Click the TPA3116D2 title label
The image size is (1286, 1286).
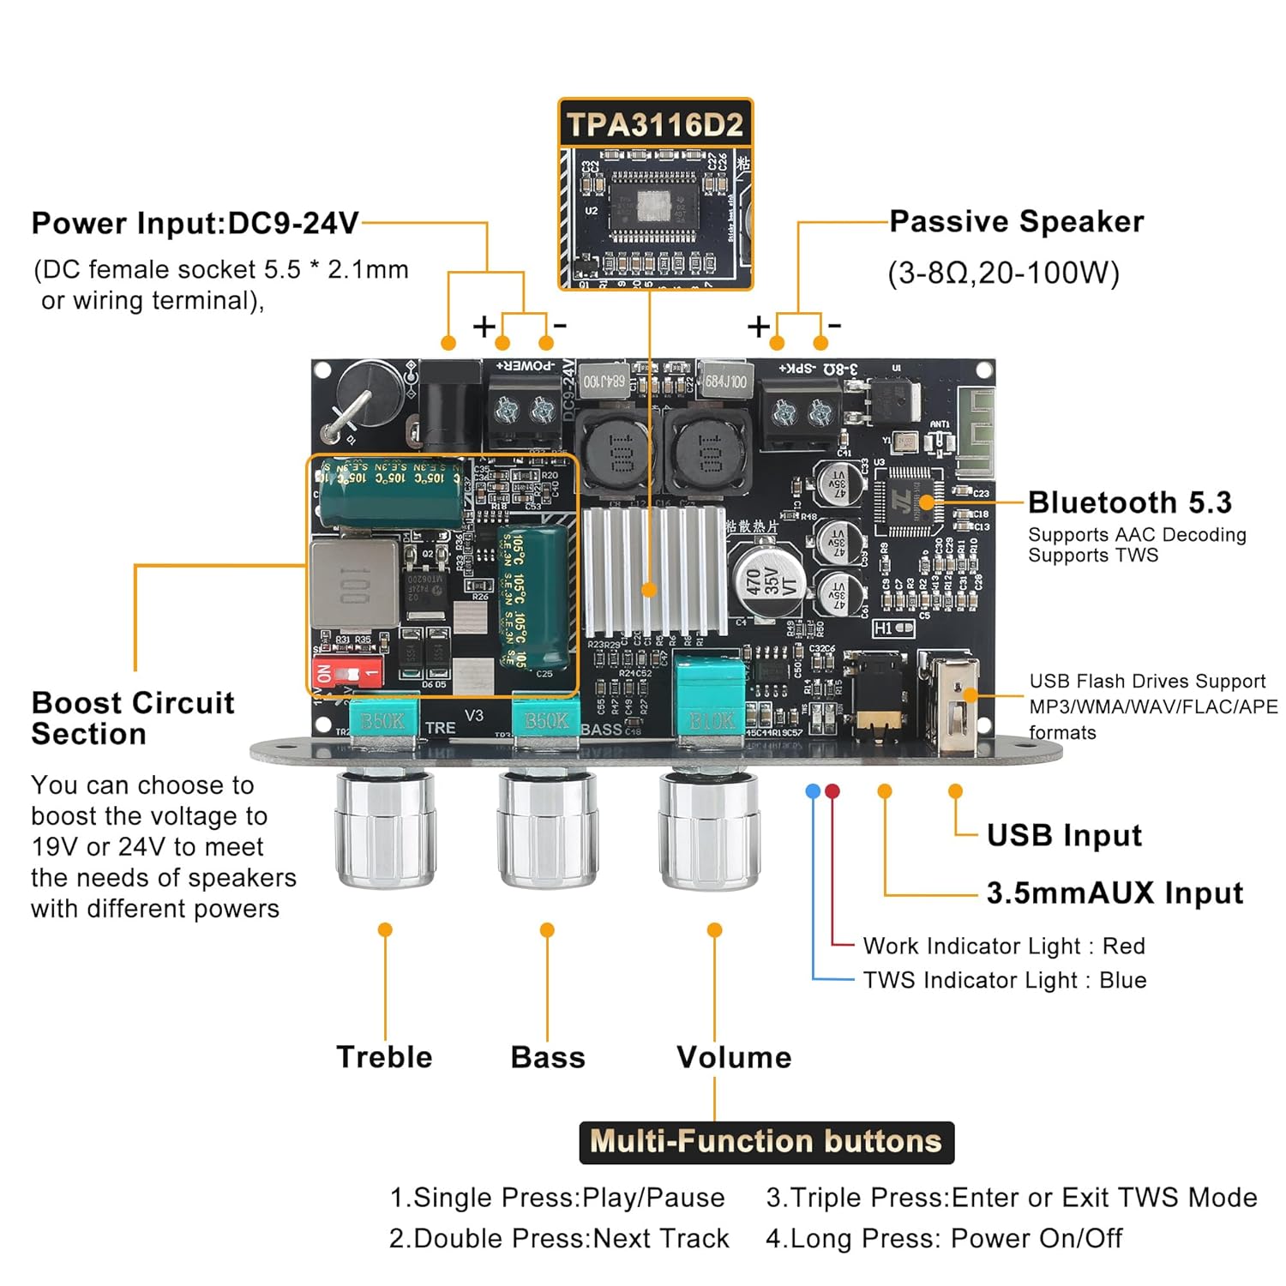click(655, 125)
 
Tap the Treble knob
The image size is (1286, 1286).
click(385, 828)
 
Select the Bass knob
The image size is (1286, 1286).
click(547, 828)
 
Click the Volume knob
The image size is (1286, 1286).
click(710, 828)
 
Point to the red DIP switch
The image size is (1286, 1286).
click(348, 671)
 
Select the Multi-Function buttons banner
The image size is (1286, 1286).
click(766, 1142)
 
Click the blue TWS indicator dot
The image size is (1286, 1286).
click(813, 790)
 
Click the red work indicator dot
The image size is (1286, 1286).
click(832, 790)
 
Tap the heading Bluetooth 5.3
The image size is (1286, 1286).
click(1129, 502)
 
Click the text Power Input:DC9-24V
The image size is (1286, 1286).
click(195, 224)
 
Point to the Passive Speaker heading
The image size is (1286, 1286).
click(1016, 222)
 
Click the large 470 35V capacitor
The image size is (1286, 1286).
click(766, 580)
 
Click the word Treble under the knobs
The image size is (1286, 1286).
click(384, 1057)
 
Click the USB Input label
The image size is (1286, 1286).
click(1064, 835)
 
